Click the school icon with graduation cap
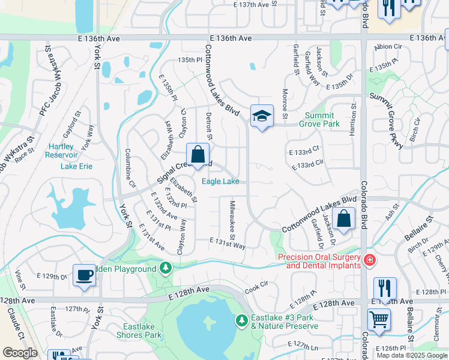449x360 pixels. [x=262, y=115]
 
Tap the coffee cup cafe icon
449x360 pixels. [x=84, y=275]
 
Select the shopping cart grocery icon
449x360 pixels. [x=379, y=319]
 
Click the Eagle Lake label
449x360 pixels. [x=220, y=181]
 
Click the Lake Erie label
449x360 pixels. [x=76, y=166]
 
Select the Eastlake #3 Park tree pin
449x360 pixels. [x=241, y=320]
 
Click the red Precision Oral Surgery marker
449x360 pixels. [x=370, y=260]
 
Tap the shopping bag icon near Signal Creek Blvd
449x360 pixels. [x=197, y=154]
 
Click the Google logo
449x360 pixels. [x=20, y=353]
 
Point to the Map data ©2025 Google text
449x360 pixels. [x=411, y=355]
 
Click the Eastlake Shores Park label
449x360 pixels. [x=139, y=331]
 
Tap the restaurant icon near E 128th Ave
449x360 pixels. [x=384, y=287]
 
